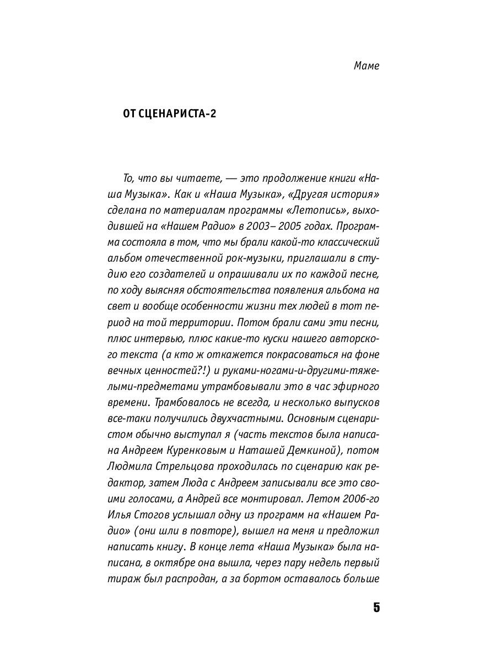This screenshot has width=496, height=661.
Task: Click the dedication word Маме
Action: point(366,66)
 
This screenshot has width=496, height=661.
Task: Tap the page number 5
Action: point(376,608)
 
